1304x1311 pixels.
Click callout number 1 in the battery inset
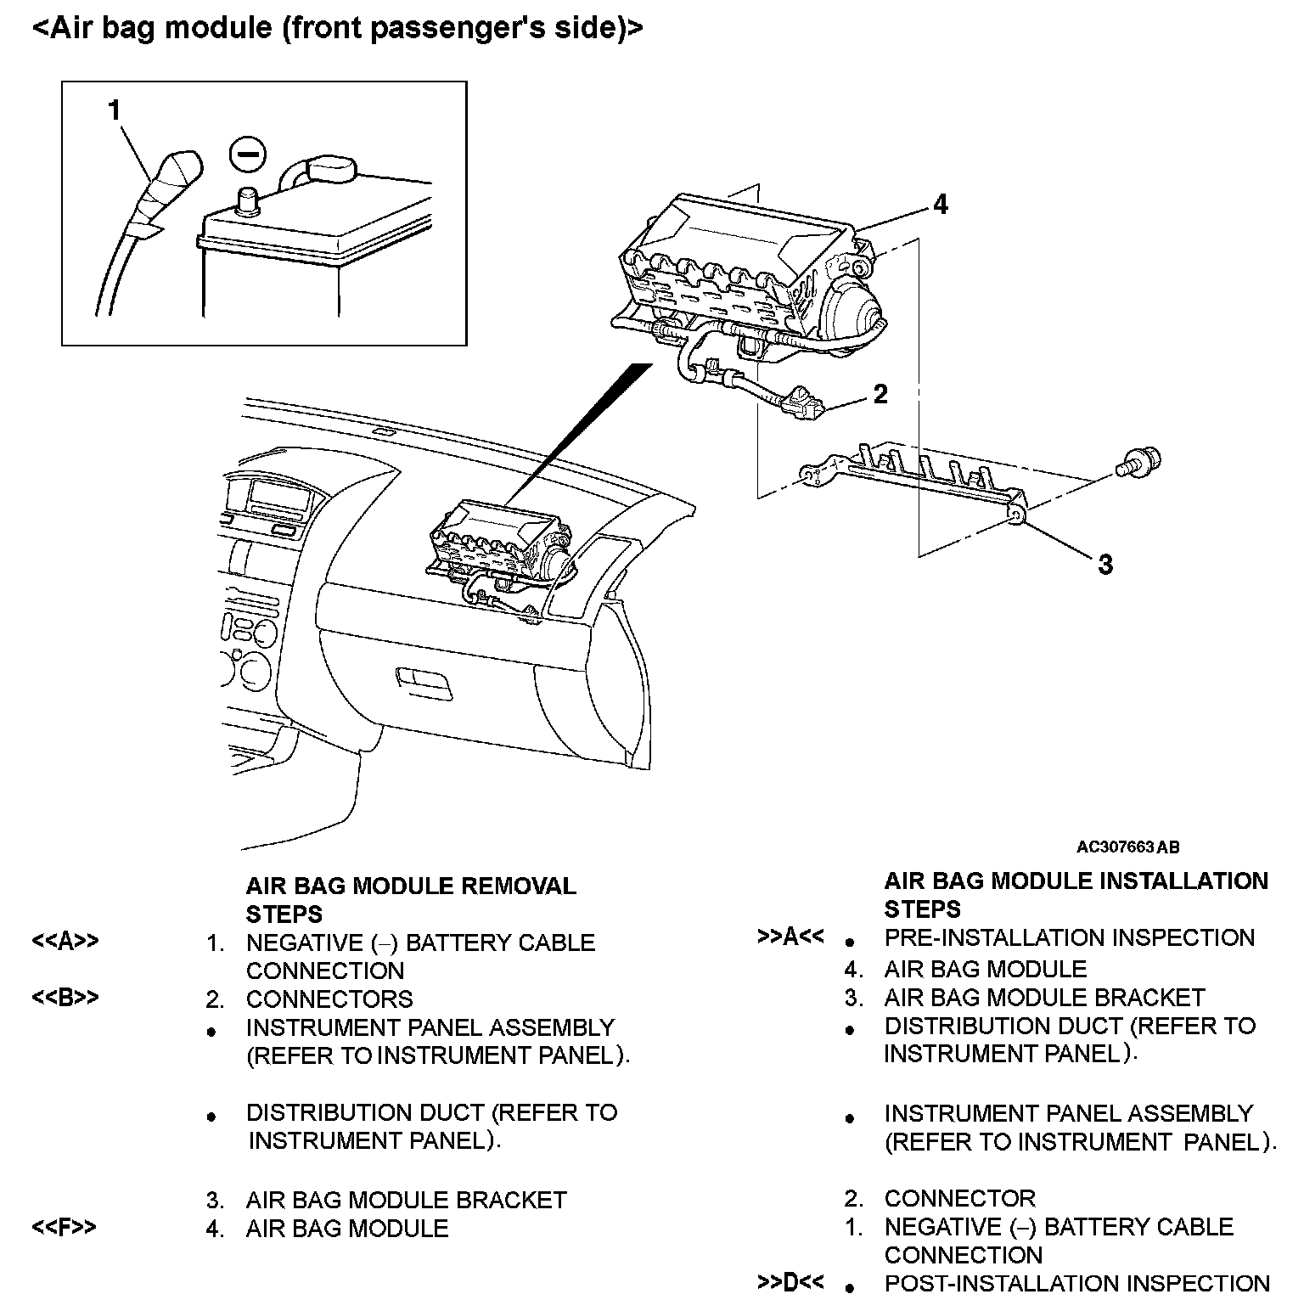[115, 110]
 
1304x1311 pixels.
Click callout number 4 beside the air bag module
[940, 204]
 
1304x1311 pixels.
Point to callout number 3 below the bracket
[1104, 564]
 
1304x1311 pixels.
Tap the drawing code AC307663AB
[1127, 847]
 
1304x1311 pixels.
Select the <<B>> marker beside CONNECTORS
[65, 997]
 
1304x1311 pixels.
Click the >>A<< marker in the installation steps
[790, 937]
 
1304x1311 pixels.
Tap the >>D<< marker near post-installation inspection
[790, 1282]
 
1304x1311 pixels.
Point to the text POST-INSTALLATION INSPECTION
[1076, 1284]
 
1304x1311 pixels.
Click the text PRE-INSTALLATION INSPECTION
[1069, 937]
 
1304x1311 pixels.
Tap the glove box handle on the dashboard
[424, 680]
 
